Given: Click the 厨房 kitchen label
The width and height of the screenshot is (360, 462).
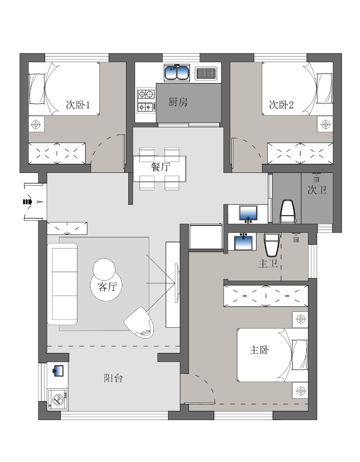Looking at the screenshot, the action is click(178, 102).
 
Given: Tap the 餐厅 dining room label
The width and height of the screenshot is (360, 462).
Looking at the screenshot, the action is click(161, 167).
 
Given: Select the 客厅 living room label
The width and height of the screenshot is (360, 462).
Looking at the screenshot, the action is click(107, 286).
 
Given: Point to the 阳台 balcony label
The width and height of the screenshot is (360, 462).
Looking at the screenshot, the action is click(113, 378).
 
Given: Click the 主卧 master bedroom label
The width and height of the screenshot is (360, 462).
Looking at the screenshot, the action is click(259, 350).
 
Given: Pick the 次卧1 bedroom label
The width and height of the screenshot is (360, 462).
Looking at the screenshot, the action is click(78, 105).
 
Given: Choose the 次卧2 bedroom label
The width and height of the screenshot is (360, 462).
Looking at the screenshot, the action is click(281, 105).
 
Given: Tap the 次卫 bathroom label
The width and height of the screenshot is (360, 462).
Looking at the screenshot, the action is click(317, 190).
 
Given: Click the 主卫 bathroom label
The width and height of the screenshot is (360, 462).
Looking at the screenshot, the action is click(268, 264).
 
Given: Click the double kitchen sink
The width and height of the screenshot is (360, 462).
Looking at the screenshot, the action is click(177, 72).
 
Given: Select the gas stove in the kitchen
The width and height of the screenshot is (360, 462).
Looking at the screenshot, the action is click(146, 100).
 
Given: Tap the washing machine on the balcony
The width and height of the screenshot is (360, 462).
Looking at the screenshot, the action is click(58, 400).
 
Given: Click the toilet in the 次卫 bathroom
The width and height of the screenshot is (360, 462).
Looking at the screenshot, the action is click(287, 211).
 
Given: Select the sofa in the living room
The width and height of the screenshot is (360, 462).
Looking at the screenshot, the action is click(62, 284).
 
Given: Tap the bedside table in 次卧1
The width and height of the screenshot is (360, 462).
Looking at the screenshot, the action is click(36, 124).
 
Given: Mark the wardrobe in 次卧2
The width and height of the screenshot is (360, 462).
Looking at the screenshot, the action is click(300, 153).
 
